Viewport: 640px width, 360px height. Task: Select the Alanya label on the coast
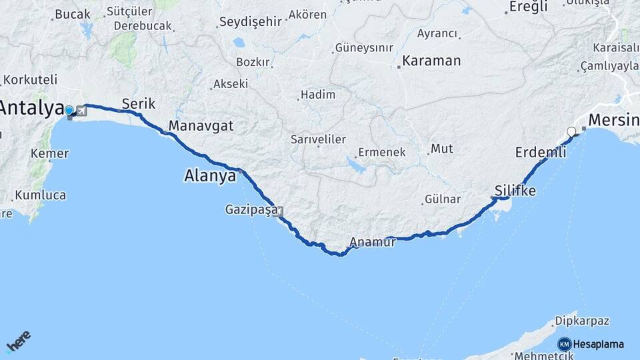(x=209, y=176)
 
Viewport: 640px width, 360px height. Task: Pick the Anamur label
(x=374, y=243)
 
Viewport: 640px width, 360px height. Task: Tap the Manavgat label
(x=201, y=125)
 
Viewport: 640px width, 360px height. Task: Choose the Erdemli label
(x=541, y=153)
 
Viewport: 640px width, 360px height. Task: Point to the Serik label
(x=138, y=103)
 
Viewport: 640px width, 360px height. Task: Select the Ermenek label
(x=381, y=152)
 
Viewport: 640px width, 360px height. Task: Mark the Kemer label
(x=49, y=153)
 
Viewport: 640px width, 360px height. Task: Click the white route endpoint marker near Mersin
(x=571, y=131)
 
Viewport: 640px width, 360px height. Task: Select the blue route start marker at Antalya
(x=69, y=110)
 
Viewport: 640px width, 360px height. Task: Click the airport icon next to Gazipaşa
(x=278, y=212)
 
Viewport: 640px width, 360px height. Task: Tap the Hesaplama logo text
(x=598, y=345)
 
